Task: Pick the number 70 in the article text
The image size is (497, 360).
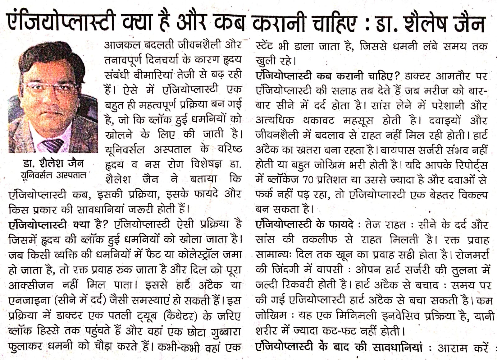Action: (x=308, y=180)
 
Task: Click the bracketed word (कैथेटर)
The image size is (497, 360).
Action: (x=180, y=316)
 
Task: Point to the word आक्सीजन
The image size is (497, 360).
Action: (x=31, y=285)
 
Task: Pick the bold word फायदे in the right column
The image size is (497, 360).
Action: (x=341, y=224)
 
